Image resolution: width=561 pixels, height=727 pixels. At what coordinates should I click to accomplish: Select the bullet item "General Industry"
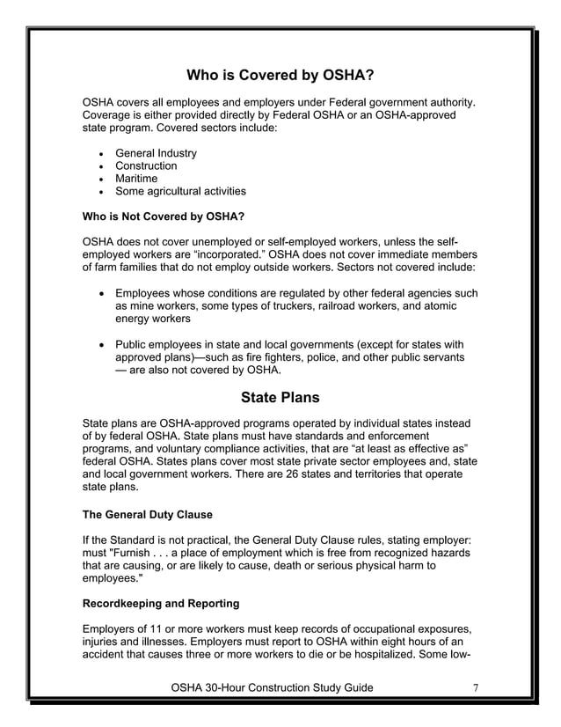click(156, 153)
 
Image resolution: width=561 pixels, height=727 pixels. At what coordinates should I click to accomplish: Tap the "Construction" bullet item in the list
click(146, 165)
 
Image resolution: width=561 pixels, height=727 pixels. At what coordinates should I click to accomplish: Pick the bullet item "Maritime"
click(136, 179)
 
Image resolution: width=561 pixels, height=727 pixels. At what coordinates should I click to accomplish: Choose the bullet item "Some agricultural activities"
click(180, 191)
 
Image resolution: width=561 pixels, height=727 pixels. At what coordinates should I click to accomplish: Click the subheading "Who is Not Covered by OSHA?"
click(163, 217)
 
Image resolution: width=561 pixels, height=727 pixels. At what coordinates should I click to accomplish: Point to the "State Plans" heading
click(280, 397)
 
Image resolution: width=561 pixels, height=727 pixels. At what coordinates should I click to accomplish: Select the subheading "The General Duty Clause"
click(147, 515)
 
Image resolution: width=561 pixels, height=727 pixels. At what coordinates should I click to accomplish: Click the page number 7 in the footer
click(476, 687)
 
